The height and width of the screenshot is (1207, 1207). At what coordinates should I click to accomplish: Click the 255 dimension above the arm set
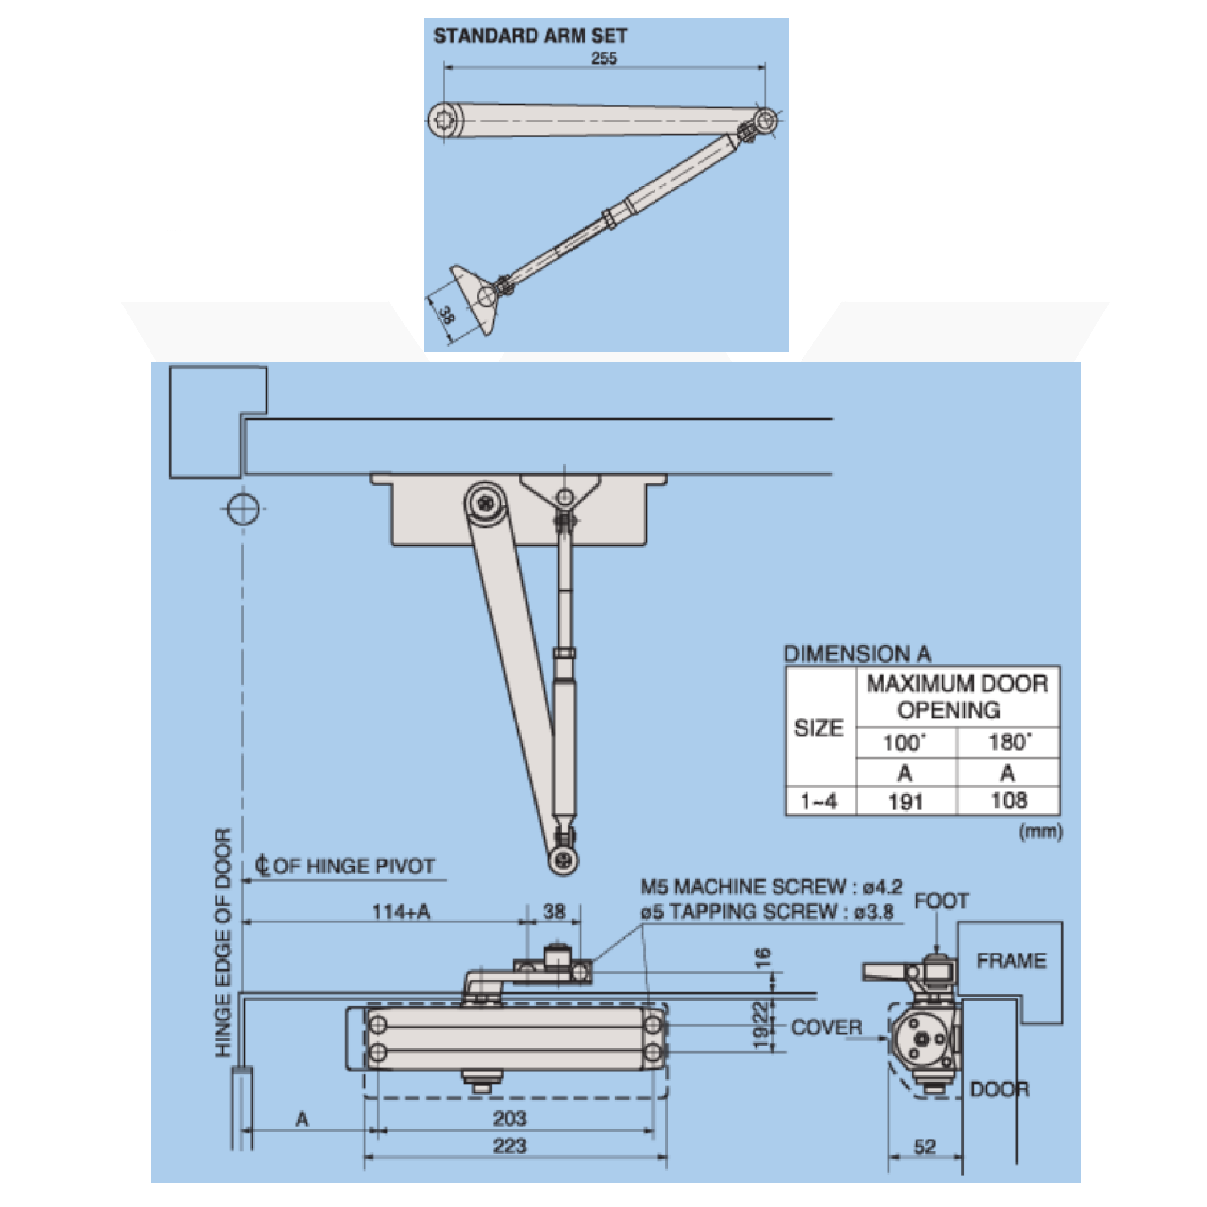(603, 58)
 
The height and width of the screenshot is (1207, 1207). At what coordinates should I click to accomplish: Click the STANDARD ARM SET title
(530, 36)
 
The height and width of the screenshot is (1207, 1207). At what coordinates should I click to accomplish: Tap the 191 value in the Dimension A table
(905, 802)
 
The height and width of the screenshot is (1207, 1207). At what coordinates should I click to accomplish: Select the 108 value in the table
(1009, 800)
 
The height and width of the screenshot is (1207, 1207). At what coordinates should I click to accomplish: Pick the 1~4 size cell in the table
(819, 802)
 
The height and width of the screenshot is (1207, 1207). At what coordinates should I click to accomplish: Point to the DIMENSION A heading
(857, 654)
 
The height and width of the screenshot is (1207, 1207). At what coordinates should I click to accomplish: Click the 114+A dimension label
(401, 912)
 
